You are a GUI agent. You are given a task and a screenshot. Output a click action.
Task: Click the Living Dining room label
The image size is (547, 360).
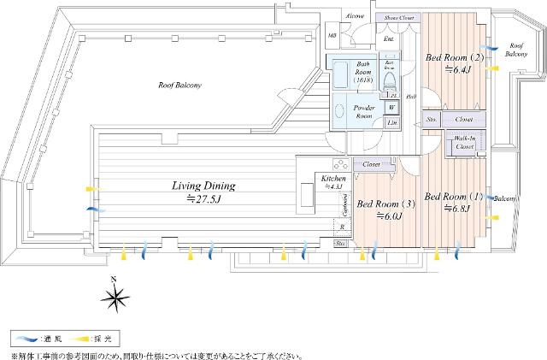[198, 186]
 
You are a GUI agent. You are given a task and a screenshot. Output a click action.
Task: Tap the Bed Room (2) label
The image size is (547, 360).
[456, 58]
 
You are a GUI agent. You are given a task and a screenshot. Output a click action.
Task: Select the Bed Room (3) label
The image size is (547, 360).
[386, 204]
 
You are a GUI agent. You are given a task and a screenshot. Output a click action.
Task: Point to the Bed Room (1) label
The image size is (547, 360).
[454, 195]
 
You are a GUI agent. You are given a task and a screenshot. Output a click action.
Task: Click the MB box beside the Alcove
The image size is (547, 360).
[332, 35]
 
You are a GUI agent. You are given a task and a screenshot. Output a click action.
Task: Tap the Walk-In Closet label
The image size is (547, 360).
[464, 143]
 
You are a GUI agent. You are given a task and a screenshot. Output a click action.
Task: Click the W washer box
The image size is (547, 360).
[391, 108]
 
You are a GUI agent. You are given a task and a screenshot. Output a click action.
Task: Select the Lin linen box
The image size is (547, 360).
[391, 123]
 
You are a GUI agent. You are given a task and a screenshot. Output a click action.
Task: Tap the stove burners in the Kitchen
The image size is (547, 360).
[338, 164]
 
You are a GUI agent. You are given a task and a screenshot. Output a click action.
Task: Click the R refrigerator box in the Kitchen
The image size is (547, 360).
[342, 227]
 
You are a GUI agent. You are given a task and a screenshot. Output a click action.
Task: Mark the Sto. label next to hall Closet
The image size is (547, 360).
[432, 121]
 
